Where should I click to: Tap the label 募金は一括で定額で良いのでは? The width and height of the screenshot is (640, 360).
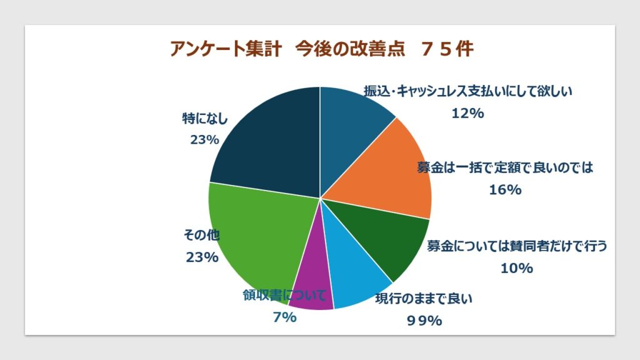[504, 167]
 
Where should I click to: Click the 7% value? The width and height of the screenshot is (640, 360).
[284, 317]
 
